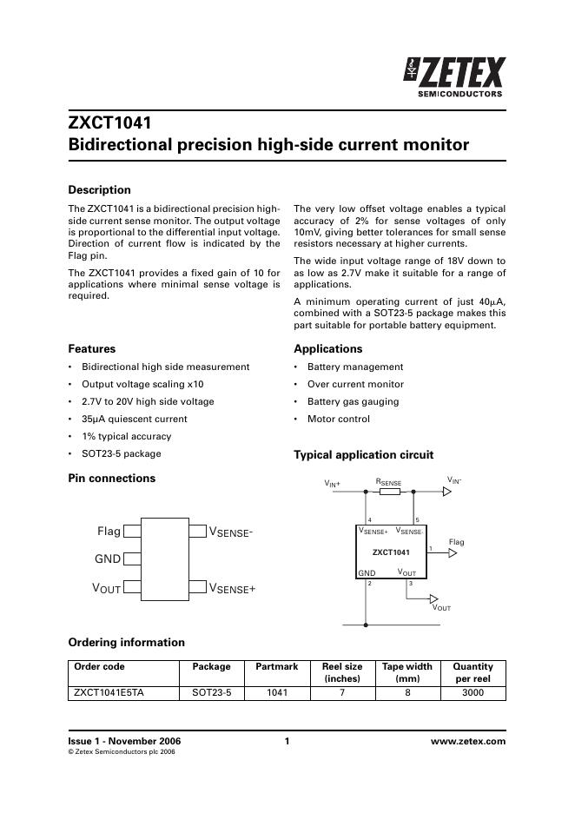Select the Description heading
point(99,190)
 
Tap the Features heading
point(91,349)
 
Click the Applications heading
point(327,349)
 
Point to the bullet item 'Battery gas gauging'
point(353,401)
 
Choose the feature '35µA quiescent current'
point(134,419)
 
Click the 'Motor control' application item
point(338,419)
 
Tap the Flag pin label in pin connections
point(109,530)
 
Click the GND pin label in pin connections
point(108,559)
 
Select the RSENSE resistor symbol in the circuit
point(390,492)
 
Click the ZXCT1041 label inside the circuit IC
point(391,552)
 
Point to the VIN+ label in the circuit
point(333,483)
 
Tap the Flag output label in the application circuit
point(456,542)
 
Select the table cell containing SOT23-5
point(211,693)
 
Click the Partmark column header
point(276,667)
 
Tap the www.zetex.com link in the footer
point(467,741)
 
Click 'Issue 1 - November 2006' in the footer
point(124,741)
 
